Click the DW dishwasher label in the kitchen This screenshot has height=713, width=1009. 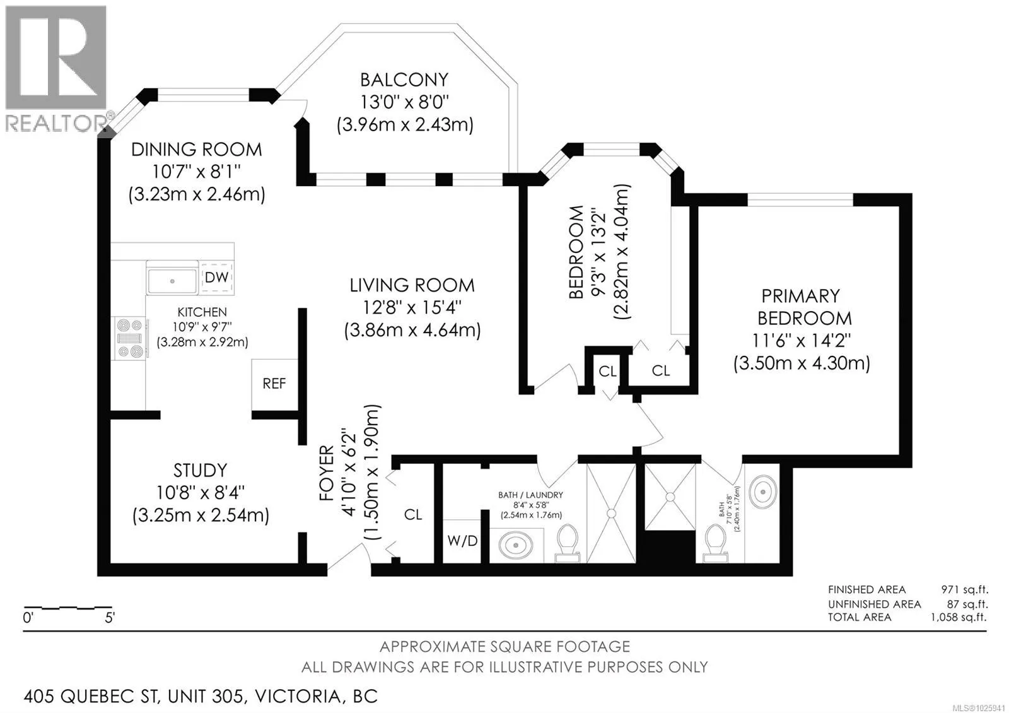click(x=216, y=277)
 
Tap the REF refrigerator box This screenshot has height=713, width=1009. click(x=274, y=384)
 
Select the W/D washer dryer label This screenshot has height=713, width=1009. click(x=462, y=541)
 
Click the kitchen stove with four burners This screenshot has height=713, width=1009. click(x=130, y=338)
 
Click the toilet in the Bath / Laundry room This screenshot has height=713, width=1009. click(x=568, y=543)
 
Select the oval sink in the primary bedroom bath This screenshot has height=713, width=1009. click(x=762, y=492)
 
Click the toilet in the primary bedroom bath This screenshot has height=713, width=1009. click(x=715, y=543)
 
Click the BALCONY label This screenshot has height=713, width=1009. click(x=404, y=80)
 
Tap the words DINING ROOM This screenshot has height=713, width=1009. click(x=196, y=150)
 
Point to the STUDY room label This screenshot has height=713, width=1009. click(x=200, y=471)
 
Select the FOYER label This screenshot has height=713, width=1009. click(x=327, y=473)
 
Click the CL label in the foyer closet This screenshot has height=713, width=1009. click(x=413, y=515)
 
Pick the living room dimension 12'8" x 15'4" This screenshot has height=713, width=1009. click(x=412, y=308)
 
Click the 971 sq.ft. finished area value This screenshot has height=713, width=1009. click(x=964, y=589)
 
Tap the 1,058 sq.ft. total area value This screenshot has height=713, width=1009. click(x=959, y=617)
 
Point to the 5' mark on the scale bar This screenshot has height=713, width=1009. click(x=110, y=618)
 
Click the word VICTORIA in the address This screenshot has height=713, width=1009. click(x=298, y=697)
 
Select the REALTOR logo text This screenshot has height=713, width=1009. click(x=57, y=123)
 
